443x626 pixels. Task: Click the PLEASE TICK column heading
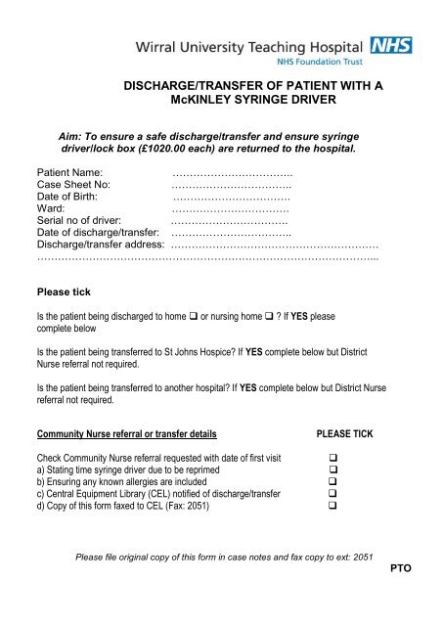click(344, 432)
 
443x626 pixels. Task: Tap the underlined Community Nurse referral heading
click(126, 432)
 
